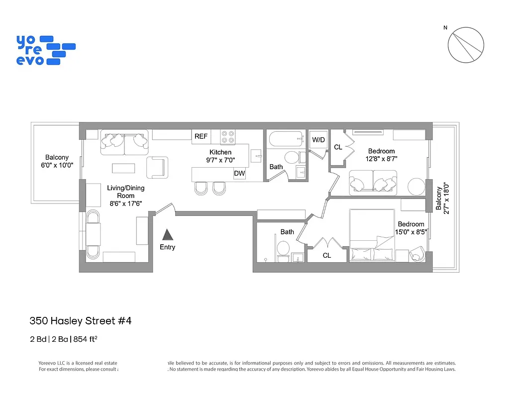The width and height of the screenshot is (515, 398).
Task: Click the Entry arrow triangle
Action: click(168, 235)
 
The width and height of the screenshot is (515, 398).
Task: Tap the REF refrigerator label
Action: click(201, 136)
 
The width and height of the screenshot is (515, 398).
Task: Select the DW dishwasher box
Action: click(239, 174)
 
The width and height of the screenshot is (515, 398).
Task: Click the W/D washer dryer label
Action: click(318, 140)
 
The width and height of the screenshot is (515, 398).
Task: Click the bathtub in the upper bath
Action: click(285, 138)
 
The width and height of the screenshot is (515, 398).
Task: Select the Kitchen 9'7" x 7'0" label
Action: click(220, 156)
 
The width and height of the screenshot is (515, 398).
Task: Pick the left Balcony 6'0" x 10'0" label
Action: click(57, 161)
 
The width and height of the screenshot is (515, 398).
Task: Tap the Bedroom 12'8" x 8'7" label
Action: click(381, 155)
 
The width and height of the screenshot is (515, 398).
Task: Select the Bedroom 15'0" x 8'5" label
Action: click(411, 227)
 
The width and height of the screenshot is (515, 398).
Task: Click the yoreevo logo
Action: click(45, 50)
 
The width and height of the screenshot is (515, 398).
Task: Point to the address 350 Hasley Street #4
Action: click(80, 321)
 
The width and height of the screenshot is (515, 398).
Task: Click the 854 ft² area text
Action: click(85, 339)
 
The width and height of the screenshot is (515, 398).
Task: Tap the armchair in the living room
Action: click(156, 167)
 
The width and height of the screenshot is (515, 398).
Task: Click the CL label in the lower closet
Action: click(327, 255)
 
